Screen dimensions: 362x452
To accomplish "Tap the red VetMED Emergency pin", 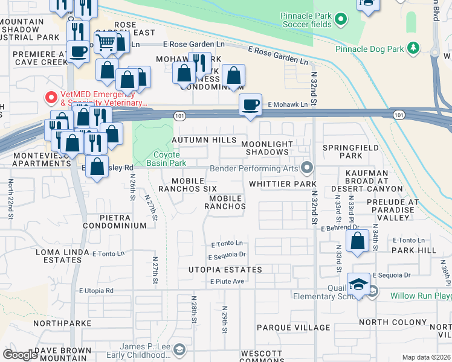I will click(51, 97).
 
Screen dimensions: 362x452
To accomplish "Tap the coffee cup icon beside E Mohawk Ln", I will click(250, 104).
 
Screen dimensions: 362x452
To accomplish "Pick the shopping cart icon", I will click(106, 42).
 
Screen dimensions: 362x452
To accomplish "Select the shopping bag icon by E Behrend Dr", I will click(358, 241).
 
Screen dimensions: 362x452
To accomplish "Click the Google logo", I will click(20, 355).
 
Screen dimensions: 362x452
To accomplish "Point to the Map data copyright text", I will click(426, 357).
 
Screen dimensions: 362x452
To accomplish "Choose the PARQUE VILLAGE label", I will click(293, 328).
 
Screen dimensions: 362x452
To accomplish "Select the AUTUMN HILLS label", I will click(204, 140).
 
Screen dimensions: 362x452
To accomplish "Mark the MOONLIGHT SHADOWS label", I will click(267, 148).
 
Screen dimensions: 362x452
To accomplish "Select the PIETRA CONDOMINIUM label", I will click(115, 221).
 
